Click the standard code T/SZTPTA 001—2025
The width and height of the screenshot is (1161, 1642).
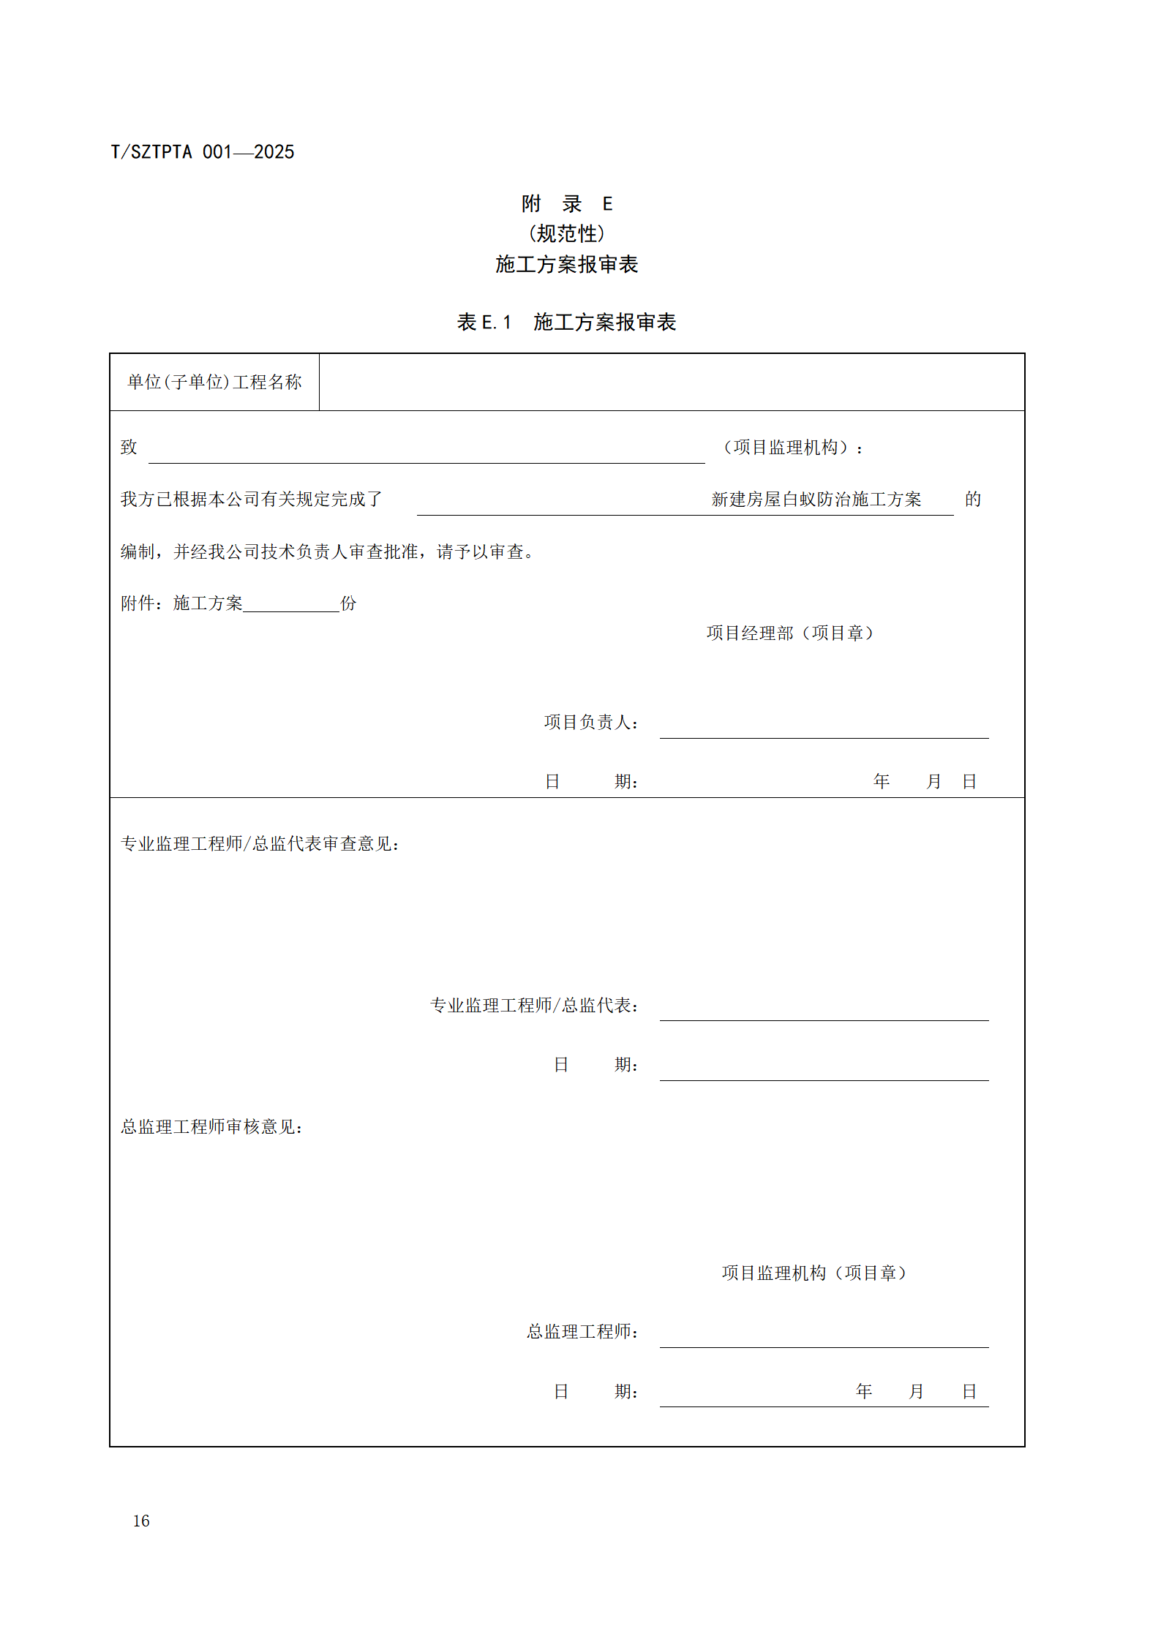202,152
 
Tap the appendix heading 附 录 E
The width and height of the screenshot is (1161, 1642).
566,203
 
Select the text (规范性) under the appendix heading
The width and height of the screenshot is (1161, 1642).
566,233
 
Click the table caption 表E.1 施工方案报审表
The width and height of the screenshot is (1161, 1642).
566,322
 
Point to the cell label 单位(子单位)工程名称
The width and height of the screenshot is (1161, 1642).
214,382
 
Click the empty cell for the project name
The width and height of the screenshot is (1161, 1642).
671,382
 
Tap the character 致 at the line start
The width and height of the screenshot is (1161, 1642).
129,447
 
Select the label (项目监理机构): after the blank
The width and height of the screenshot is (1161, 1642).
792,447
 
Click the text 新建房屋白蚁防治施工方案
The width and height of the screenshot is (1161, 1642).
816,500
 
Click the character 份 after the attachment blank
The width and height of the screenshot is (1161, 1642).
348,603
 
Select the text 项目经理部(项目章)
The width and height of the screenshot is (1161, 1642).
790,633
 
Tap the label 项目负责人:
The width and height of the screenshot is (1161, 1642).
591,723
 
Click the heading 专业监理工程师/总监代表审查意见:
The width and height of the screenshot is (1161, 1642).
260,844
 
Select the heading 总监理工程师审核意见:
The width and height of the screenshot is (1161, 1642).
212,1127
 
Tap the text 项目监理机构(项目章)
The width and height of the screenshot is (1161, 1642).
814,1273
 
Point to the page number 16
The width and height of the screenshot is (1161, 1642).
141,1521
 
